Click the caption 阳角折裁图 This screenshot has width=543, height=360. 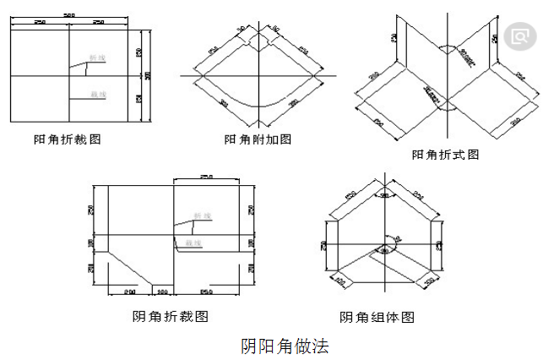67,139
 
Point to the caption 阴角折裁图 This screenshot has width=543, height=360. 171,317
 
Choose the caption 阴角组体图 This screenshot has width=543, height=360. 377,318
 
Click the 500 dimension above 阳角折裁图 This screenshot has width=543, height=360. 69,14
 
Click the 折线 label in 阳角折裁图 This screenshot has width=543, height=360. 100,59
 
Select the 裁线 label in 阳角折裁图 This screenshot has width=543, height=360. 100,93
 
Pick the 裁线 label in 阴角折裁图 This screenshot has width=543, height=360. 193,243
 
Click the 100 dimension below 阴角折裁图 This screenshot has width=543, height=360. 162,292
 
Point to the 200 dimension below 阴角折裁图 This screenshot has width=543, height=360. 130,292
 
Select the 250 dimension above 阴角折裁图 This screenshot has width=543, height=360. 205,177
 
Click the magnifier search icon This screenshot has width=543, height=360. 518,36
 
